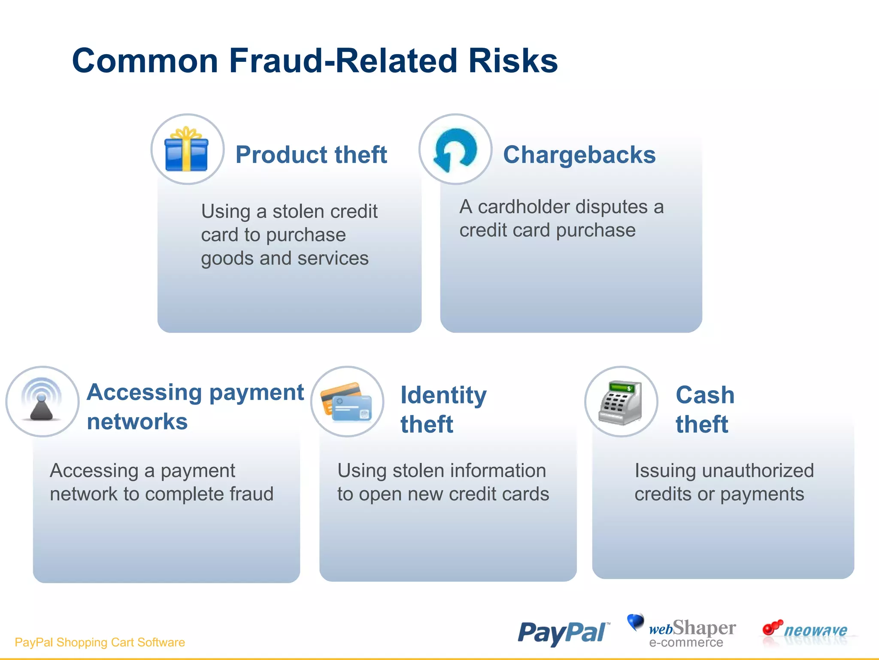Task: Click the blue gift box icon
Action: click(187, 150)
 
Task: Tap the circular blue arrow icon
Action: click(455, 150)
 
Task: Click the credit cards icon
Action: click(347, 402)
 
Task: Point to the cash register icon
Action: click(621, 402)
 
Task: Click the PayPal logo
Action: click(563, 632)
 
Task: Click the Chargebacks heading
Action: click(579, 155)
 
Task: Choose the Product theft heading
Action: click(311, 155)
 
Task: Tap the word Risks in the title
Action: click(513, 61)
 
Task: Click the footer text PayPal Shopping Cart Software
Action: click(100, 642)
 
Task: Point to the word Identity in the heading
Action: click(443, 395)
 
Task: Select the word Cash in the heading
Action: click(705, 395)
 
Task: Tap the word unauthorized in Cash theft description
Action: click(758, 471)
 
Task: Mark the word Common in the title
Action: click(145, 61)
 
